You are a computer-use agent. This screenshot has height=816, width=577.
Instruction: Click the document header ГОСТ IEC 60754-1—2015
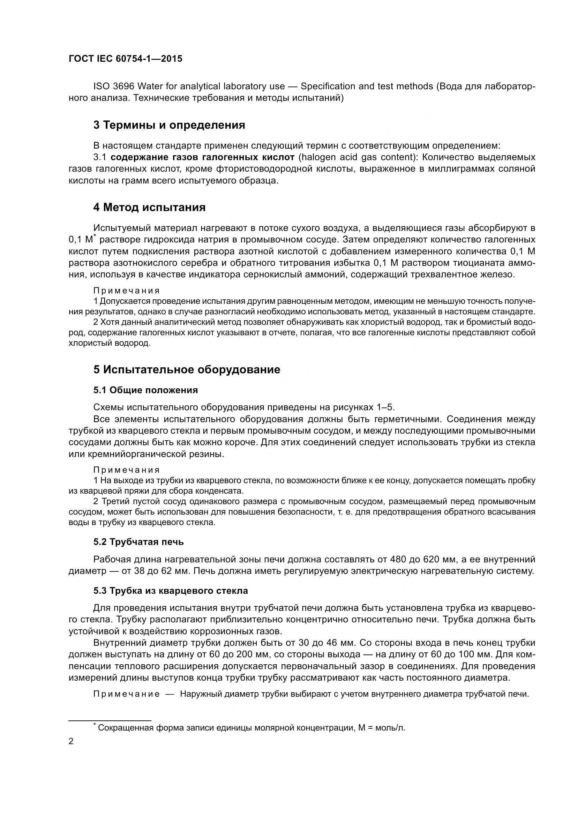(x=125, y=59)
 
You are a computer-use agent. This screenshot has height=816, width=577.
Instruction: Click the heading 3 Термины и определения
(x=169, y=125)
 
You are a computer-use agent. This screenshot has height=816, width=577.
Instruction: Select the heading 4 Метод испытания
(x=149, y=207)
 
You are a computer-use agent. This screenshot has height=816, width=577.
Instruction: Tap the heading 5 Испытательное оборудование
(x=187, y=369)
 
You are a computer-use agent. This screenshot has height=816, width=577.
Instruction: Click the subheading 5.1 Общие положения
(x=145, y=390)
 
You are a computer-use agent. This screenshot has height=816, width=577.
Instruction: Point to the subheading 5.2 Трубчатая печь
(x=138, y=542)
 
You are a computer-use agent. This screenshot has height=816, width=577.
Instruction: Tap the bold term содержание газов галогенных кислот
(x=202, y=157)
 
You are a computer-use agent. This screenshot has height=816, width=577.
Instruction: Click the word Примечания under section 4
(x=126, y=291)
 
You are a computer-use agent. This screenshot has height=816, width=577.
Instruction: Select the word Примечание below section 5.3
(x=126, y=694)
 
